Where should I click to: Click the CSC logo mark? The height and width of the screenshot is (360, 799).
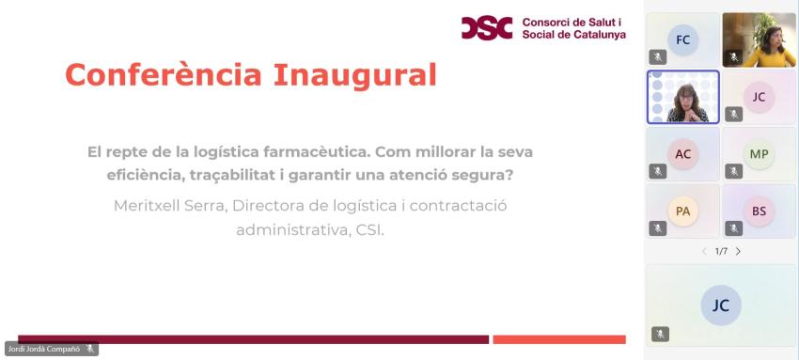click(x=487, y=27)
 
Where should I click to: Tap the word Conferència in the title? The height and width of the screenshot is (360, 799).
click(x=164, y=74)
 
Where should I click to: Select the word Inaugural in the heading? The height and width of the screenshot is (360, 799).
click(x=354, y=75)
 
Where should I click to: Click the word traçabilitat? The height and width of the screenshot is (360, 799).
click(x=242, y=176)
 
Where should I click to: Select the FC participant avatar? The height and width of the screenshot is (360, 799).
click(x=682, y=39)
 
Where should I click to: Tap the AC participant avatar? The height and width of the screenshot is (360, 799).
click(x=682, y=154)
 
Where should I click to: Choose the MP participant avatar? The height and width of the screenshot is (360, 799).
click(x=759, y=154)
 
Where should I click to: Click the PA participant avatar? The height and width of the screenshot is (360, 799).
click(x=682, y=211)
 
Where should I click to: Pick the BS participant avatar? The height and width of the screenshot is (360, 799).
click(x=759, y=211)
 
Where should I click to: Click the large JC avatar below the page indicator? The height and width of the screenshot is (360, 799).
click(x=721, y=305)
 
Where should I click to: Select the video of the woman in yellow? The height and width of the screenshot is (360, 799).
click(x=759, y=39)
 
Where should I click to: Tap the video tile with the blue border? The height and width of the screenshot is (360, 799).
click(x=682, y=97)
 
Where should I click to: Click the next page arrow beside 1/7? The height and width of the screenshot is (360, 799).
click(x=738, y=251)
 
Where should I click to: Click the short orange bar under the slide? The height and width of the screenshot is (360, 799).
click(x=559, y=339)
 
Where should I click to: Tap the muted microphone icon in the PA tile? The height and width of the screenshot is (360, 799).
click(x=657, y=228)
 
